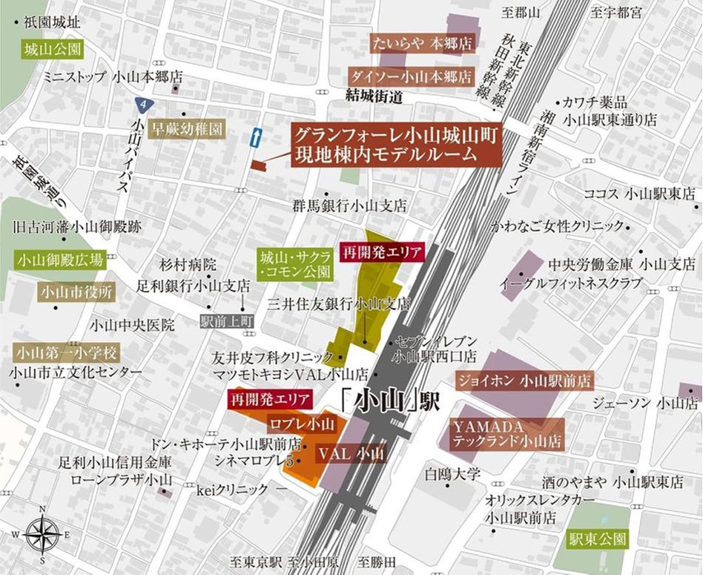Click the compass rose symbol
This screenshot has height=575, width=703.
(42, 533)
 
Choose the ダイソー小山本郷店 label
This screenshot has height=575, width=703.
(411, 76)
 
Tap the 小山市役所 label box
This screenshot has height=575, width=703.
(77, 292)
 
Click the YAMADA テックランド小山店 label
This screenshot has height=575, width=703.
(507, 434)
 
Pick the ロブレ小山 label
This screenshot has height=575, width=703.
(302, 425)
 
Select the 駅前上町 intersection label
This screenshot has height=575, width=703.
(228, 321)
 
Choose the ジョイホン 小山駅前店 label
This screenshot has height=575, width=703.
(524, 382)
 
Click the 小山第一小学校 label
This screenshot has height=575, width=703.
(65, 352)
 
